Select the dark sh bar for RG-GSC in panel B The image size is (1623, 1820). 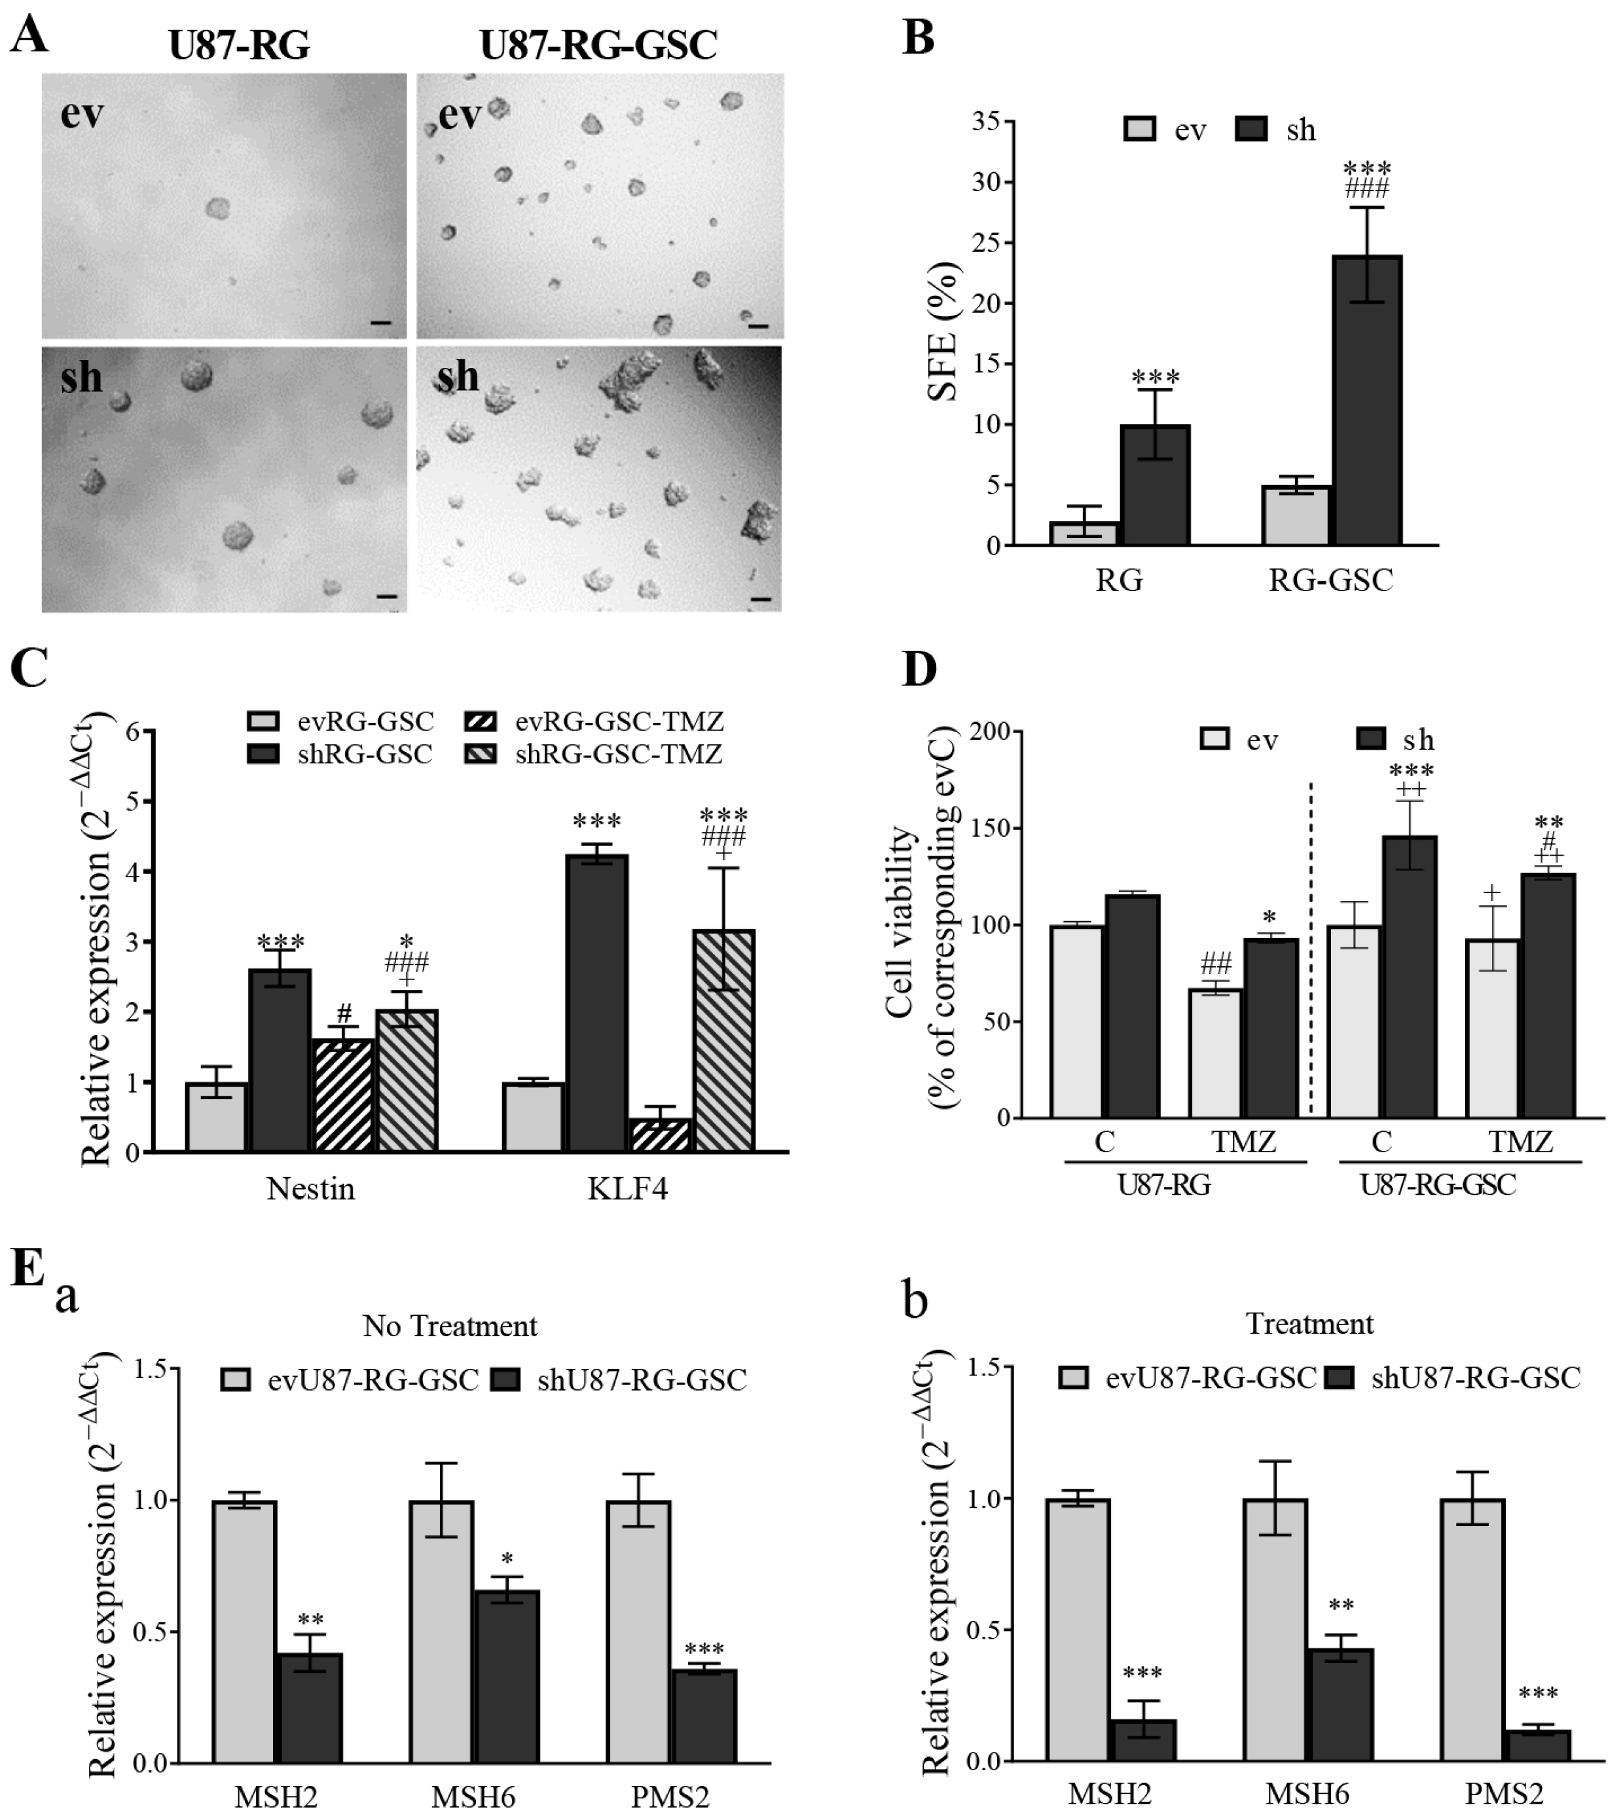tap(1367, 401)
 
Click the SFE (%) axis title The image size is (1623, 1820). tap(943, 332)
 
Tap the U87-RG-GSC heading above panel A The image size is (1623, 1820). tap(598, 45)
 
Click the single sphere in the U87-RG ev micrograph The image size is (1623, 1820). tap(217, 209)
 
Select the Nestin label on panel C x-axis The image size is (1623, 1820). tap(310, 1189)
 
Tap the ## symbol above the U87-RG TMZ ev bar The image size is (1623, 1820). tap(1216, 963)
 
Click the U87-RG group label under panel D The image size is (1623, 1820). tap(1165, 1185)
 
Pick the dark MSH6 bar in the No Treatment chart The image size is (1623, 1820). tap(507, 1677)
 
